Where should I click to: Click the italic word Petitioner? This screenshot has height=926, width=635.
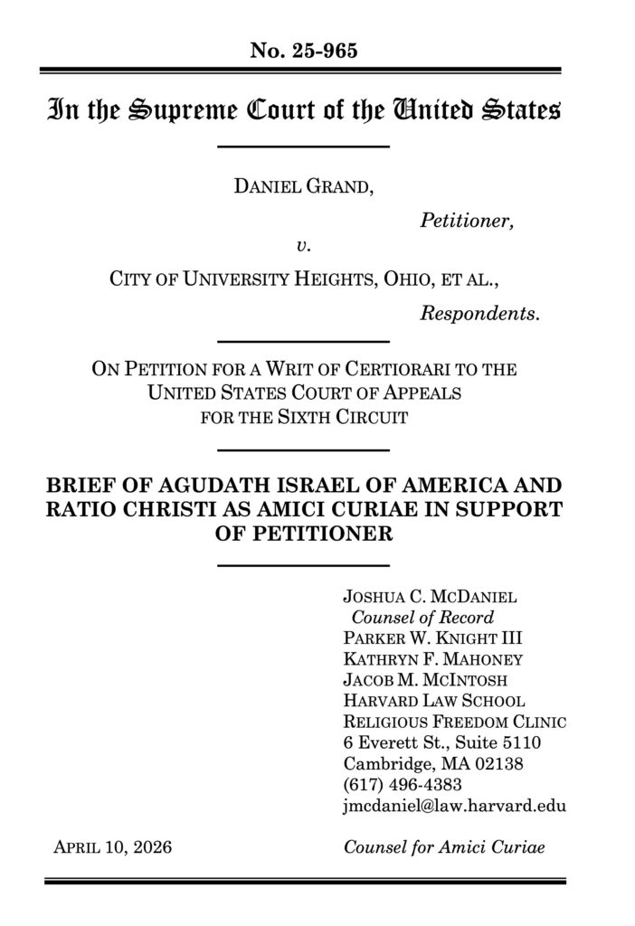[x=468, y=219]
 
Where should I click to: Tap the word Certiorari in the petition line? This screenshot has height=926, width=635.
[x=406, y=370]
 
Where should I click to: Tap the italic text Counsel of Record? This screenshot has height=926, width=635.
[x=422, y=619]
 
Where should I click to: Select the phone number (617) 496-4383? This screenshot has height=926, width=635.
[x=403, y=783]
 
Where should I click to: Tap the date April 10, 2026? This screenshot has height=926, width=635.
[x=113, y=847]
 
